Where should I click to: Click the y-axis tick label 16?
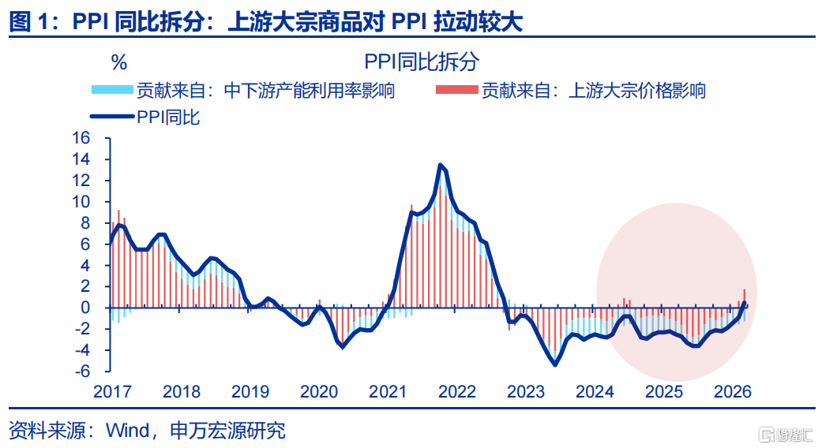pyautogui.click(x=81, y=138)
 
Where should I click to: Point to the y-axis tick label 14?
pyautogui.click(x=81, y=159)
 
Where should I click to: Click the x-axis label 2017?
pyautogui.click(x=112, y=391)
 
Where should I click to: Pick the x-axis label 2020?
pyautogui.click(x=319, y=391)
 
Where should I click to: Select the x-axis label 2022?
pyautogui.click(x=456, y=391)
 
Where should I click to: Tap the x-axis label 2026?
pyautogui.click(x=732, y=391)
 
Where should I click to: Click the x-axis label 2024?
pyautogui.click(x=595, y=391)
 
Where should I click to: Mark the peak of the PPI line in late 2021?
pyautogui.click(x=440, y=165)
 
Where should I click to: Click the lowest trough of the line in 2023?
pyautogui.click(x=555, y=364)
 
